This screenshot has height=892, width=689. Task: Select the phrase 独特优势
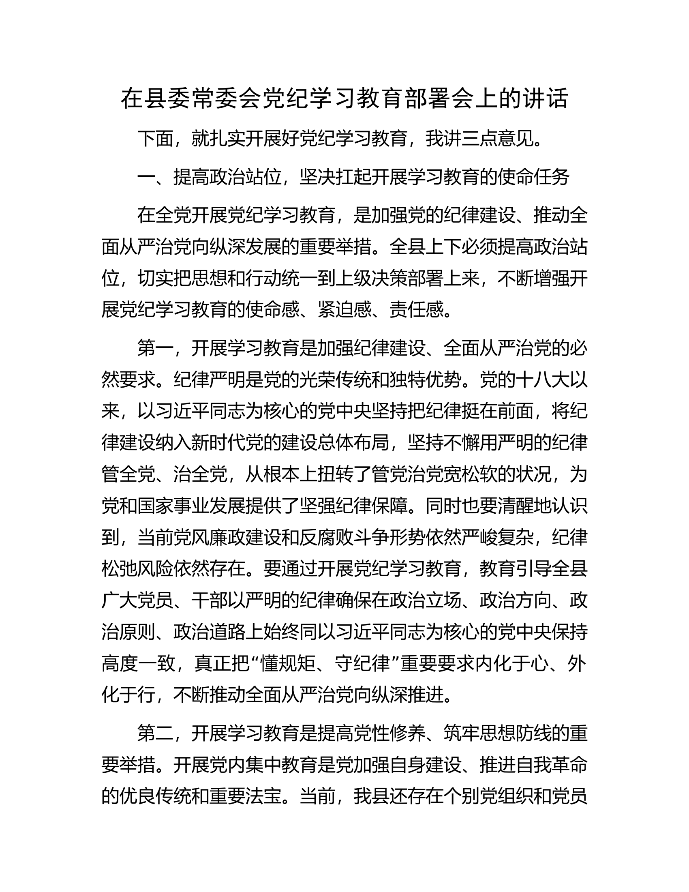(x=416, y=380)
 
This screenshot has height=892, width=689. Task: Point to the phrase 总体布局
(x=353, y=443)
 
